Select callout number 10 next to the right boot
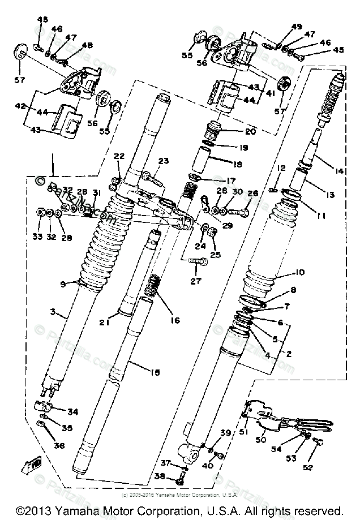299,273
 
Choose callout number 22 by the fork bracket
118,156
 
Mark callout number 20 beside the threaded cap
250,131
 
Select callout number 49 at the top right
297,27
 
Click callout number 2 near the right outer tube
288,355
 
